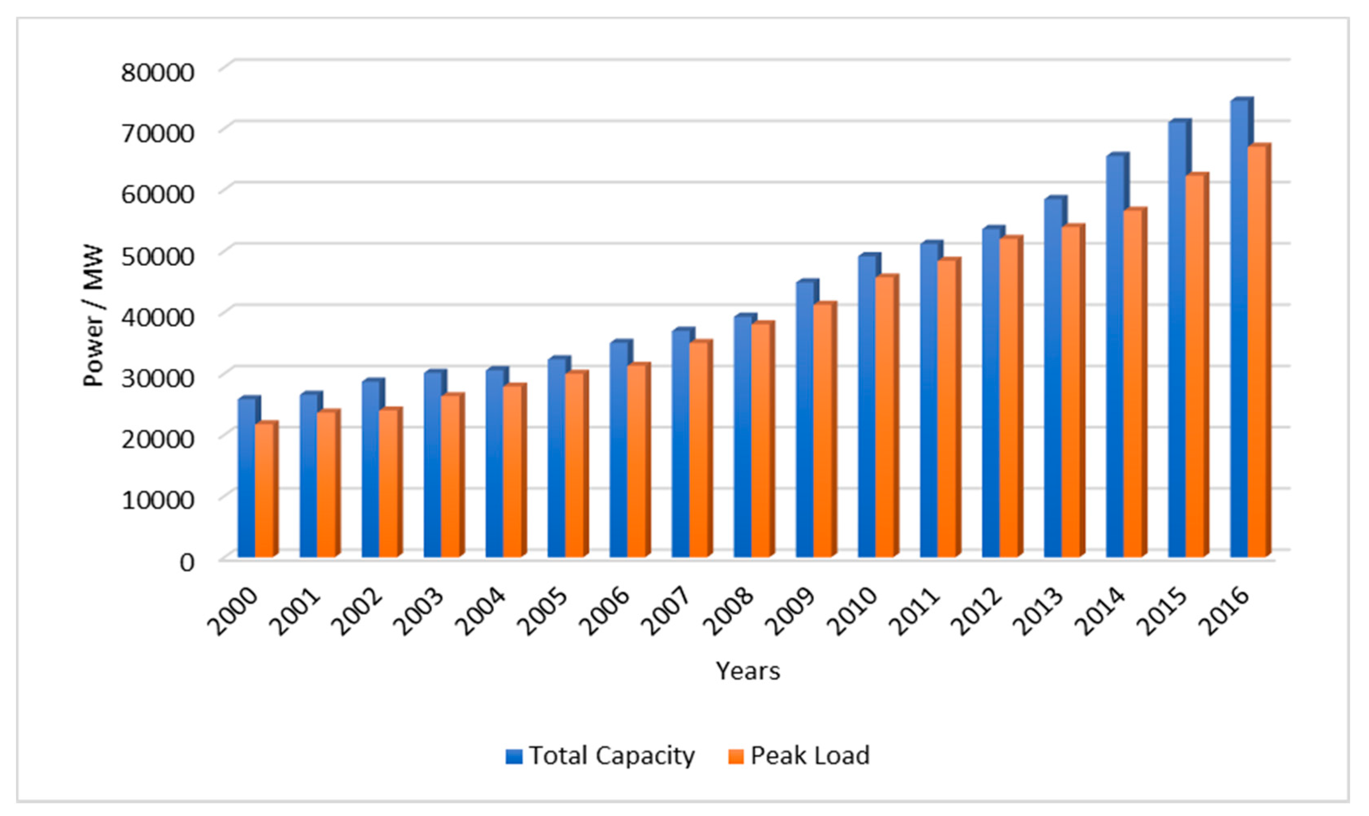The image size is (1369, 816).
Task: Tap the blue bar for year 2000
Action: (246, 478)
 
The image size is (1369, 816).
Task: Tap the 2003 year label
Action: (421, 611)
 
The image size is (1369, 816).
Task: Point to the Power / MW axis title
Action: (94, 316)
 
